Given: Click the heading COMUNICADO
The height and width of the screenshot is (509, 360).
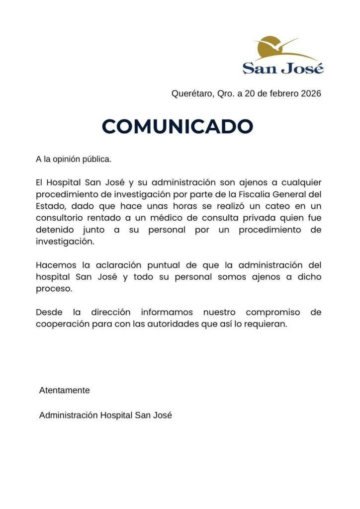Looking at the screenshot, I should [178, 126].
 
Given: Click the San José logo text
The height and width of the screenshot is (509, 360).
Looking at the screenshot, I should [283, 68].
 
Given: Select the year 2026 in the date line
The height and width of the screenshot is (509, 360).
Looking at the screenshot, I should [311, 93].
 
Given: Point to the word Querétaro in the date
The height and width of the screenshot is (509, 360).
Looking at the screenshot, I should [191, 93].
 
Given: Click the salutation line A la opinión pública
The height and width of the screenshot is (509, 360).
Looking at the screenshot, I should [74, 160].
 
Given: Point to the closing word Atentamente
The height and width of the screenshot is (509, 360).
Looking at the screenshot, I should [64, 390].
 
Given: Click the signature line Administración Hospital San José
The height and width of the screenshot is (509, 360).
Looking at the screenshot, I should [105, 415].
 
